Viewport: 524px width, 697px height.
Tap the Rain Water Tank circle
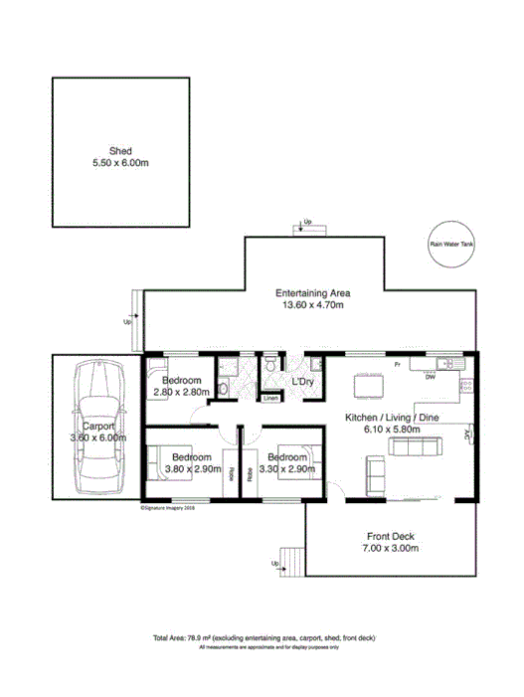(451, 243)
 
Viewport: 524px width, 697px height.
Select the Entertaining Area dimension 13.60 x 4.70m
(311, 306)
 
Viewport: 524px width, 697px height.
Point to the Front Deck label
(391, 534)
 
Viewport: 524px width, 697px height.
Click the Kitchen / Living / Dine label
(390, 418)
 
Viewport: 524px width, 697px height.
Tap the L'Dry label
(302, 382)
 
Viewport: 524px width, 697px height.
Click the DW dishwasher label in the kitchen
(430, 378)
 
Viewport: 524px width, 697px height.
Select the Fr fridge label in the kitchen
(397, 366)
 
